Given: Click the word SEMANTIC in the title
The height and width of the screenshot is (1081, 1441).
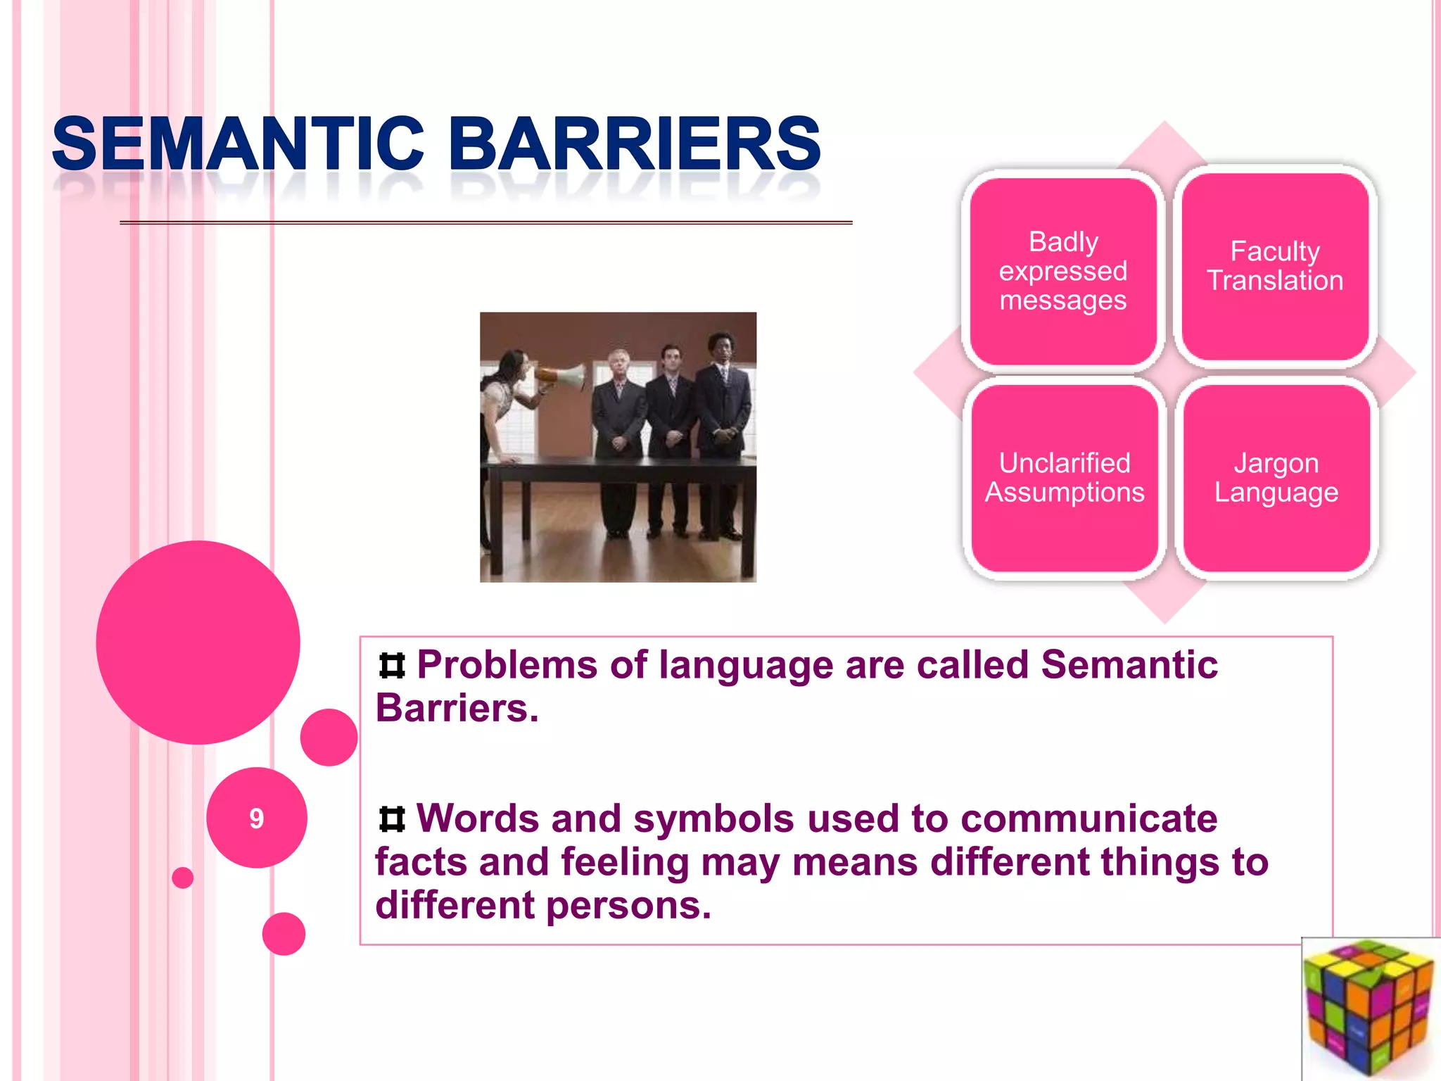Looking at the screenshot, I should [x=238, y=144].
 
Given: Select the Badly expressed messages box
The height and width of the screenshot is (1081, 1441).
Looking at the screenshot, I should [x=1063, y=271].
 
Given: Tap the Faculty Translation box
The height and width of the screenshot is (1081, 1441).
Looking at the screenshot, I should [x=1275, y=266].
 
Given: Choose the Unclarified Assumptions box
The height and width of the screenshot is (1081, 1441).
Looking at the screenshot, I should [x=1065, y=478].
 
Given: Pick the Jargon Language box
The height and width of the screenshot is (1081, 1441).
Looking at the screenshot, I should [x=1276, y=478].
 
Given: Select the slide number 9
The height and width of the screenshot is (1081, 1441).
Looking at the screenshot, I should [x=256, y=818].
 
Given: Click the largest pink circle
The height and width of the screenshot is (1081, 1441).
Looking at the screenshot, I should [x=198, y=642].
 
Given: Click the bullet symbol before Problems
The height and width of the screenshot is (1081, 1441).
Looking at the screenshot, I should [x=392, y=666].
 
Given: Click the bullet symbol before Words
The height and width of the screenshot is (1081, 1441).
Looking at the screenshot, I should [x=392, y=819].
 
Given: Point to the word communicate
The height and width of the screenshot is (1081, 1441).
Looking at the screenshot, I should [x=1088, y=819].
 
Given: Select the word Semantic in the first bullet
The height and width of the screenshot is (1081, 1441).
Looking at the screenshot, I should [x=1129, y=664].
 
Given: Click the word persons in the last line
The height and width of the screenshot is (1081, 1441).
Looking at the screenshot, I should [x=628, y=905].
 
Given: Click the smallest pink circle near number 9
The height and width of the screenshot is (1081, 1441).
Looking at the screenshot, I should [x=183, y=878].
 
